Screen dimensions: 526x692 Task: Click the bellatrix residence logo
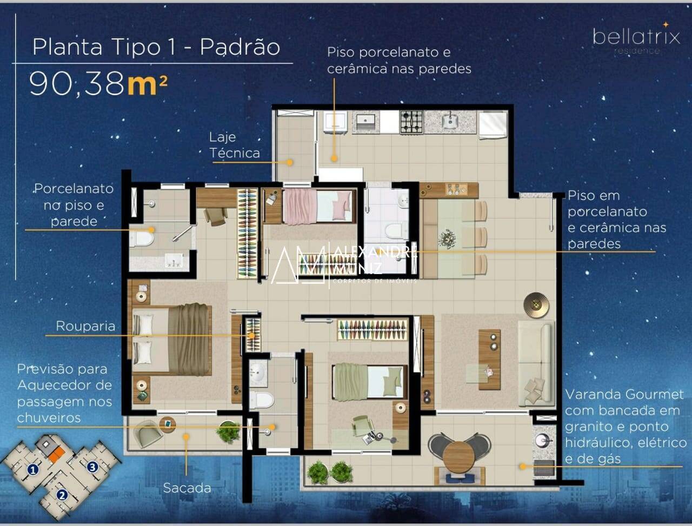click(636, 39)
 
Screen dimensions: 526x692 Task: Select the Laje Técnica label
click(235, 145)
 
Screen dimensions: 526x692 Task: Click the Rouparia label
click(85, 326)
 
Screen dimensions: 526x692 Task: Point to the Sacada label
click(187, 488)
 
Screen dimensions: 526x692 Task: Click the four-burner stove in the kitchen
click(411, 122)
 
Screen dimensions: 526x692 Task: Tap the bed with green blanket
click(369, 381)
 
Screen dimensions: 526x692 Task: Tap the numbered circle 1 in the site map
click(33, 469)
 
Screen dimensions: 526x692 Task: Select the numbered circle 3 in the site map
click(92, 466)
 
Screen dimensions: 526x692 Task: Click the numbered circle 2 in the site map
click(62, 494)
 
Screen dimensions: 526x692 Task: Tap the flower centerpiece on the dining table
click(447, 237)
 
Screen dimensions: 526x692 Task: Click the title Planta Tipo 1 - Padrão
click(156, 47)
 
